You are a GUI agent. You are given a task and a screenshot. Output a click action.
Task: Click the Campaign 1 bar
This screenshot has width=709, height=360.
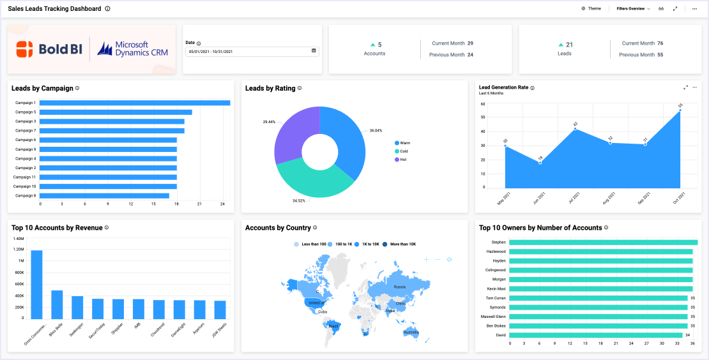point(135,103)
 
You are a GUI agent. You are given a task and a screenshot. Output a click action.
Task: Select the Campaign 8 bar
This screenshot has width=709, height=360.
point(105,196)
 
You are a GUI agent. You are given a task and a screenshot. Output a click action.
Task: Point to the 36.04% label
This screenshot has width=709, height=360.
point(376,130)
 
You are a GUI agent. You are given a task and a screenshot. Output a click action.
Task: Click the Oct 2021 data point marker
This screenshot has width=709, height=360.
point(680,110)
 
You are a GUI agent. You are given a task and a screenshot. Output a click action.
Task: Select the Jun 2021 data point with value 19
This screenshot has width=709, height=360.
point(540,163)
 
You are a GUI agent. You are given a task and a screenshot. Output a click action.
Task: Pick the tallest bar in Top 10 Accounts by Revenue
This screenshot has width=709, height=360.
point(37,284)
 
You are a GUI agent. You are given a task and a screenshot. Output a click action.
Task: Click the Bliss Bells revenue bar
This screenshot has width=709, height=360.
point(57,304)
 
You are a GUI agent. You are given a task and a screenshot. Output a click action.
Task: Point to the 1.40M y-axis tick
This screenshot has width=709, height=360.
point(18,238)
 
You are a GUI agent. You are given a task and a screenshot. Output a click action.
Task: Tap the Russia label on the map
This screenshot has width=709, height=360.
point(399,287)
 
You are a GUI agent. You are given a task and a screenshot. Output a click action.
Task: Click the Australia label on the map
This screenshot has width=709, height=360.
point(411,332)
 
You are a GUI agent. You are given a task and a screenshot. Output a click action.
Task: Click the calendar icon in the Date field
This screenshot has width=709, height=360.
point(314,51)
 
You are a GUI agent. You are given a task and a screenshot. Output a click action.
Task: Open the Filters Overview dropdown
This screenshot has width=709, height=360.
point(633,9)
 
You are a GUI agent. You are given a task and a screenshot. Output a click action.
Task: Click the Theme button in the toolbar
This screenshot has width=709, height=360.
point(591,9)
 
